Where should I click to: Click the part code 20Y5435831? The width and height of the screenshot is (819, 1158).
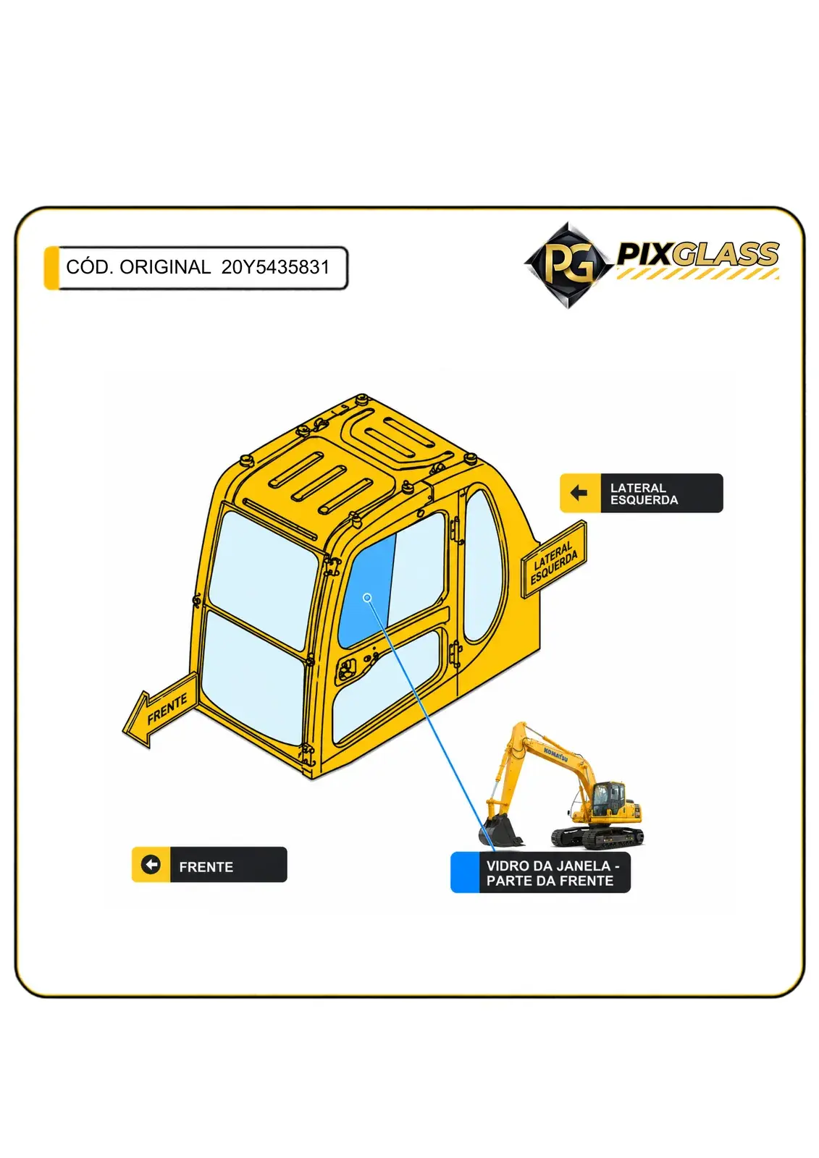275,267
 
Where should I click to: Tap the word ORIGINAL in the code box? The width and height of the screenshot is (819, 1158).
165,267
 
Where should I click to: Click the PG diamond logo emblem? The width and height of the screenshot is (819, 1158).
568,265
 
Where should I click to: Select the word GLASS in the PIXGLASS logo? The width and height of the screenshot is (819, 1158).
727,254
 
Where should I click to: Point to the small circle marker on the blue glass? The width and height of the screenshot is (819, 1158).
367,598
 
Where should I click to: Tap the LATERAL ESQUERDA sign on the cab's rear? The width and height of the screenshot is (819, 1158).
553,560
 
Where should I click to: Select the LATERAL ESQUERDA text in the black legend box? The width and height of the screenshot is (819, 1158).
644,494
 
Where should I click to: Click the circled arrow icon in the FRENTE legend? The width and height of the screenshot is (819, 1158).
151,864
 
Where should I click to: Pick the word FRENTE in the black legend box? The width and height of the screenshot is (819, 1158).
206,867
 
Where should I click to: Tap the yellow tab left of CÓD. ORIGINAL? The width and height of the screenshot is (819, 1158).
51,268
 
